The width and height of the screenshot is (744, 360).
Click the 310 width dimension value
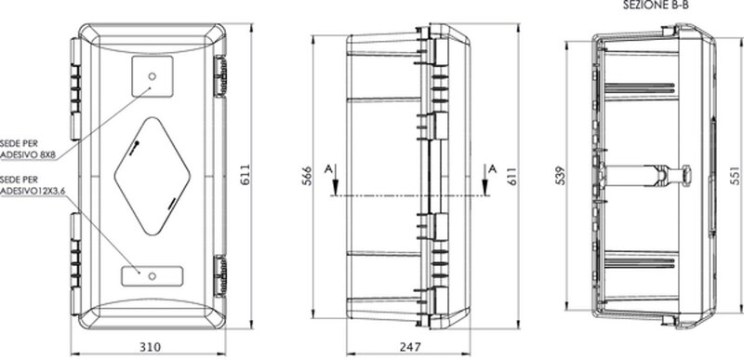point(150,347)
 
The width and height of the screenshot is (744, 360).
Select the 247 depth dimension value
point(409,347)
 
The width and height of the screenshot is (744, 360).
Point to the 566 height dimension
point(308,176)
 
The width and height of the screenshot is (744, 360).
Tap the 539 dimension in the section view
point(561,175)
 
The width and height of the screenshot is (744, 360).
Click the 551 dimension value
point(734,175)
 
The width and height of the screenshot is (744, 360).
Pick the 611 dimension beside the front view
point(245,174)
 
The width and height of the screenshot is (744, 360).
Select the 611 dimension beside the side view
point(512,175)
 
